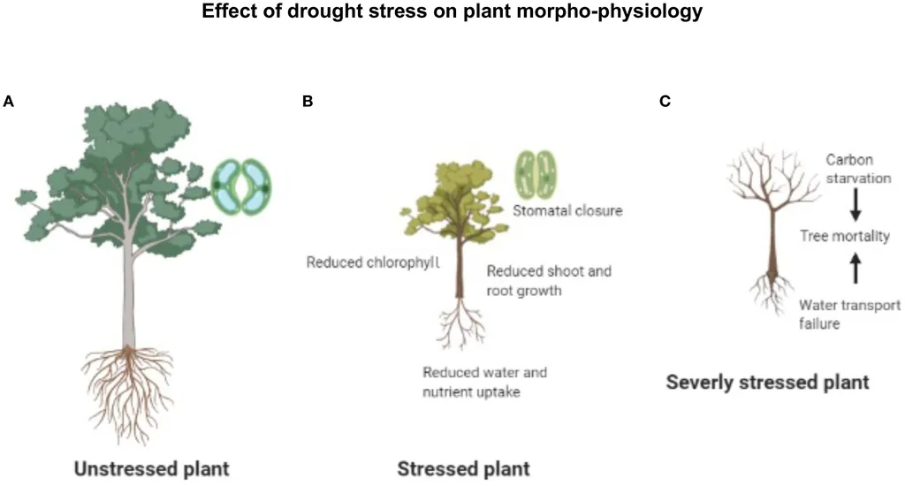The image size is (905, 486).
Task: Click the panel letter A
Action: tap(9, 102)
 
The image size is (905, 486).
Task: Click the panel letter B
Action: tap(308, 102)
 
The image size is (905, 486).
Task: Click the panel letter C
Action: tap(665, 102)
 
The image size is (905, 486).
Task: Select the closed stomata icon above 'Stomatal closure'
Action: tap(537, 175)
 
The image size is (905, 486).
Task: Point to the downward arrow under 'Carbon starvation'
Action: tap(855, 207)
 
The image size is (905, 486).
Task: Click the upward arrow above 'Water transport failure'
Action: tap(855, 267)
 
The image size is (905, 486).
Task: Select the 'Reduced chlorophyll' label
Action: tap(372, 262)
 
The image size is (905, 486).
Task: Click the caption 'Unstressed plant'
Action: tap(151, 467)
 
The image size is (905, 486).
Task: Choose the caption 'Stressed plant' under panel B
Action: tap(464, 467)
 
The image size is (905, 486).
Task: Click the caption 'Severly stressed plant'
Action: tap(767, 383)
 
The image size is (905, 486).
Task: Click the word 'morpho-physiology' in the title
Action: tap(628, 12)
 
